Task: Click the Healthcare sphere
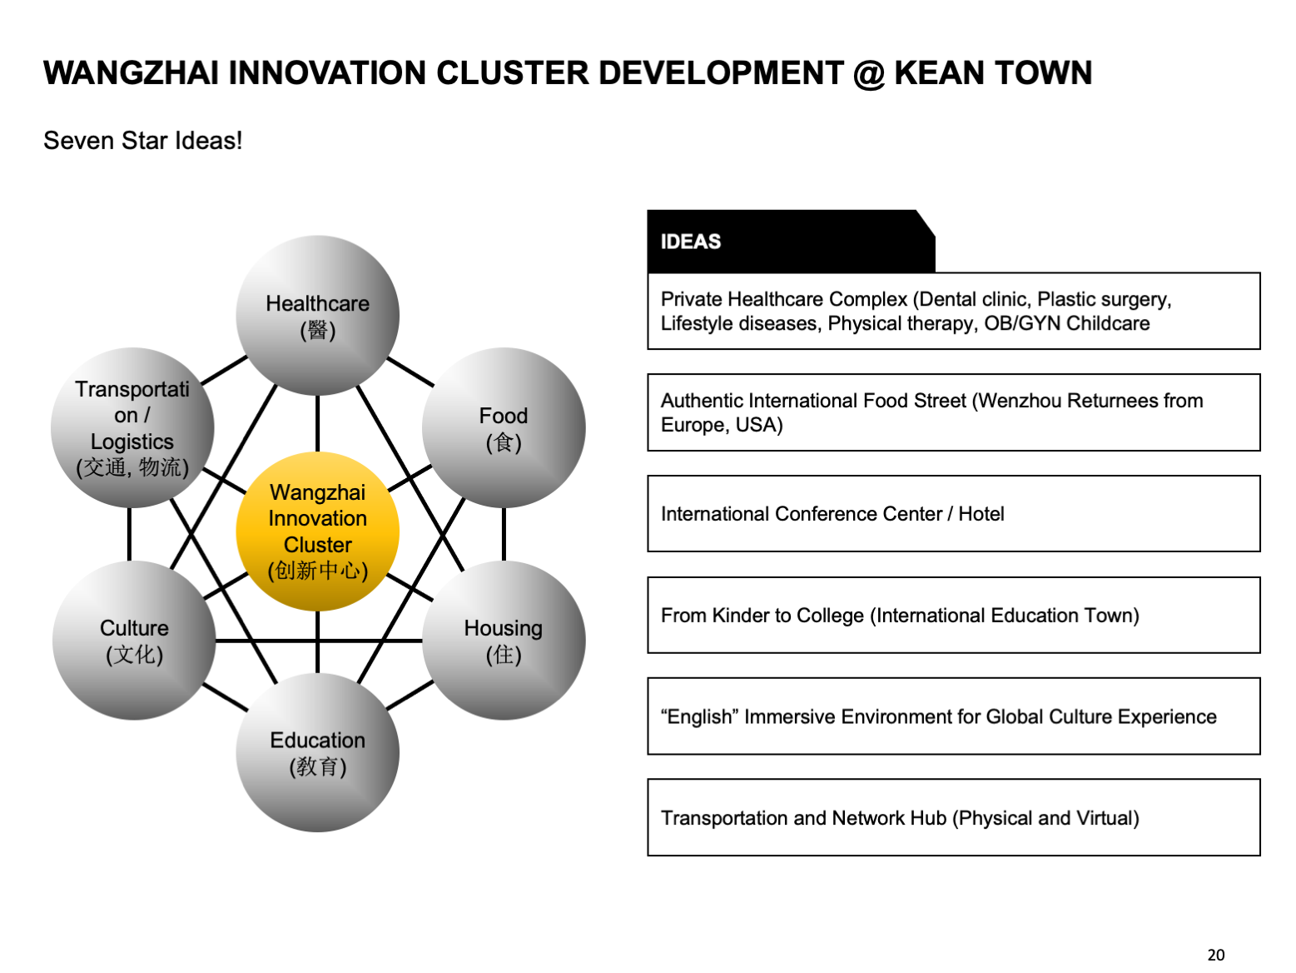[x=318, y=316]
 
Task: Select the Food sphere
[x=504, y=427]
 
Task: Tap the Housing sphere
[x=504, y=640]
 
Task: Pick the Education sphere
[x=318, y=752]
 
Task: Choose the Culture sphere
[x=134, y=640]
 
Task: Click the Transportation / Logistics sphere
[x=132, y=427]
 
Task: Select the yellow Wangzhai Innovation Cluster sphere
[x=318, y=531]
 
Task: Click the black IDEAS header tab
[x=792, y=241]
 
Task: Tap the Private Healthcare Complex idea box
[x=954, y=311]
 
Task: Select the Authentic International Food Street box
[x=954, y=412]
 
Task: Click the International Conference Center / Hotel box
[x=954, y=513]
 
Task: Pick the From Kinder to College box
[x=954, y=615]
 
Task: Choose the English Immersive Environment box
[x=954, y=716]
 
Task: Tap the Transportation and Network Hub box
[x=954, y=817]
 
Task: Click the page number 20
[x=1216, y=955]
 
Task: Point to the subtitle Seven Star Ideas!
[x=143, y=141]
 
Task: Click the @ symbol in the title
[x=868, y=73]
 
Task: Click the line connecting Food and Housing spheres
[x=504, y=534]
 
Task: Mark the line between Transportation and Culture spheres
[x=129, y=534]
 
